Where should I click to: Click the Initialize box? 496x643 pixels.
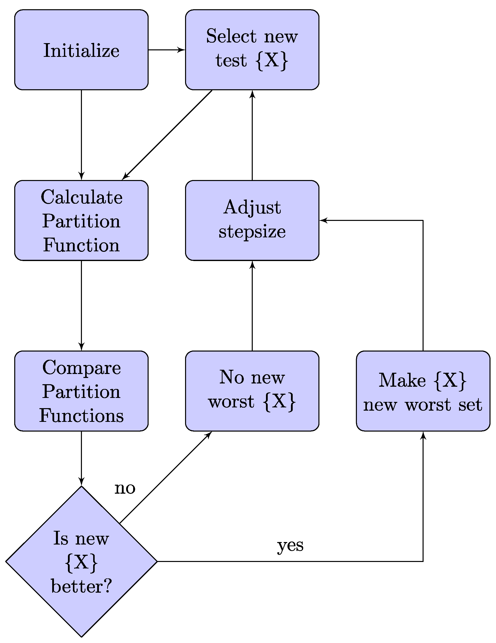click(81, 50)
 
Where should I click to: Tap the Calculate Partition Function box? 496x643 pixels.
click(81, 220)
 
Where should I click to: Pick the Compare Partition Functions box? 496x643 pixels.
click(81, 391)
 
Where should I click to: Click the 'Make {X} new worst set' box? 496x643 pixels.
click(423, 391)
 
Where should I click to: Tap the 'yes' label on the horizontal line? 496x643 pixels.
click(290, 545)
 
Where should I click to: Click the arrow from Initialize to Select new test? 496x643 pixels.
click(167, 50)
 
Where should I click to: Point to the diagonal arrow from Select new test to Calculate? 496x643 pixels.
click(167, 135)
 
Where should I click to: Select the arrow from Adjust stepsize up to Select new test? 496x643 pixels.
click(252, 135)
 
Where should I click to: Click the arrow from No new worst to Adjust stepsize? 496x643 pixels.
click(252, 306)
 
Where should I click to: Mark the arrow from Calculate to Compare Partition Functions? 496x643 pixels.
click(81, 306)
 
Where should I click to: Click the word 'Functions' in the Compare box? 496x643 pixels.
click(81, 415)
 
